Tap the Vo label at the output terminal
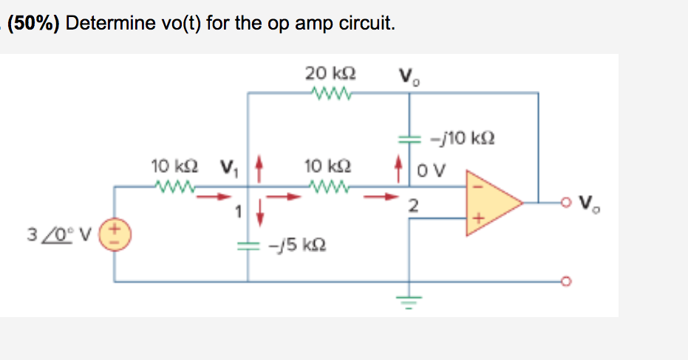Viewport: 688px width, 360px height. click(x=589, y=202)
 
